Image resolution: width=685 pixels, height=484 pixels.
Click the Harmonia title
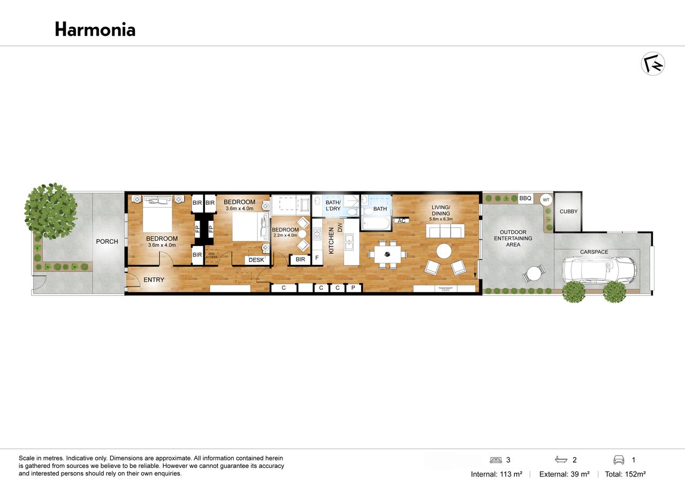tap(95, 29)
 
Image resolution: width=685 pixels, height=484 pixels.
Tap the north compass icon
tap(653, 64)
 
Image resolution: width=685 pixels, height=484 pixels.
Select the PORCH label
tap(107, 241)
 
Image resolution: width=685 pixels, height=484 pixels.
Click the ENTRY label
tap(154, 280)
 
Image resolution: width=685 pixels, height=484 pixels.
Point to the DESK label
tap(256, 260)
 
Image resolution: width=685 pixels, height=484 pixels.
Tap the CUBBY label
tap(568, 211)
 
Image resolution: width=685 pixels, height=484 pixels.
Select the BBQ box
tap(526, 198)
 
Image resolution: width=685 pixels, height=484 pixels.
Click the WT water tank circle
tap(546, 200)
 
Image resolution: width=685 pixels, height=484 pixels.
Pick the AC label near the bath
tap(401, 221)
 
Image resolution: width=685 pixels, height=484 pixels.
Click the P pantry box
tap(353, 288)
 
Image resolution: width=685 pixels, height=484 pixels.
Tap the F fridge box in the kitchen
tap(317, 258)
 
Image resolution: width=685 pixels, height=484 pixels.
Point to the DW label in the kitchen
tap(340, 227)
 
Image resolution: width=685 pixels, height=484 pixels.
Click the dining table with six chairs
tap(387, 254)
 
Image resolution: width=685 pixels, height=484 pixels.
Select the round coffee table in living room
tap(444, 251)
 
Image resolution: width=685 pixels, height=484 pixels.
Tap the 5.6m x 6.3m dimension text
tap(441, 219)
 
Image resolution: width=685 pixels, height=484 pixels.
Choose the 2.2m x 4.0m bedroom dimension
tap(285, 235)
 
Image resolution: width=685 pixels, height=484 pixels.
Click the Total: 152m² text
tap(626, 474)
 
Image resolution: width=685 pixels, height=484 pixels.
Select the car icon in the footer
tap(619, 460)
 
